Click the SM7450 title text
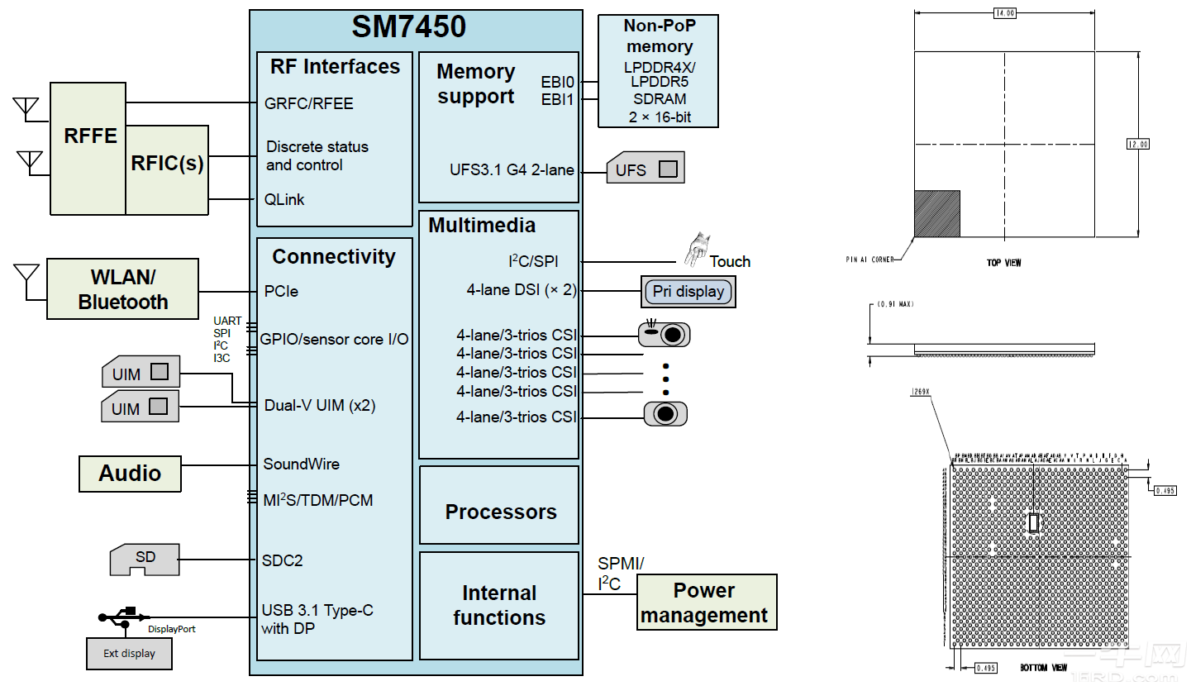click(409, 26)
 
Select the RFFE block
click(89, 136)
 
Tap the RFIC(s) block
click(167, 164)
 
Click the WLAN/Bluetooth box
click(122, 289)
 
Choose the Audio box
click(130, 474)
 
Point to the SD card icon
click(145, 560)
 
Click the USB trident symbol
click(124, 616)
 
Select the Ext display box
click(129, 653)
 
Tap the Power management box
click(706, 603)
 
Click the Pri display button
click(688, 292)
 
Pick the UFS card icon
click(646, 169)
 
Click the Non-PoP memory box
click(658, 71)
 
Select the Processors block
click(499, 512)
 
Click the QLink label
click(284, 199)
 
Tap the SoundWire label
click(301, 464)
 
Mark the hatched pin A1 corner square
click(937, 214)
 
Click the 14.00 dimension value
click(1004, 12)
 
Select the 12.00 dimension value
click(1137, 144)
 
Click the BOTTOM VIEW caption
click(1043, 668)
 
